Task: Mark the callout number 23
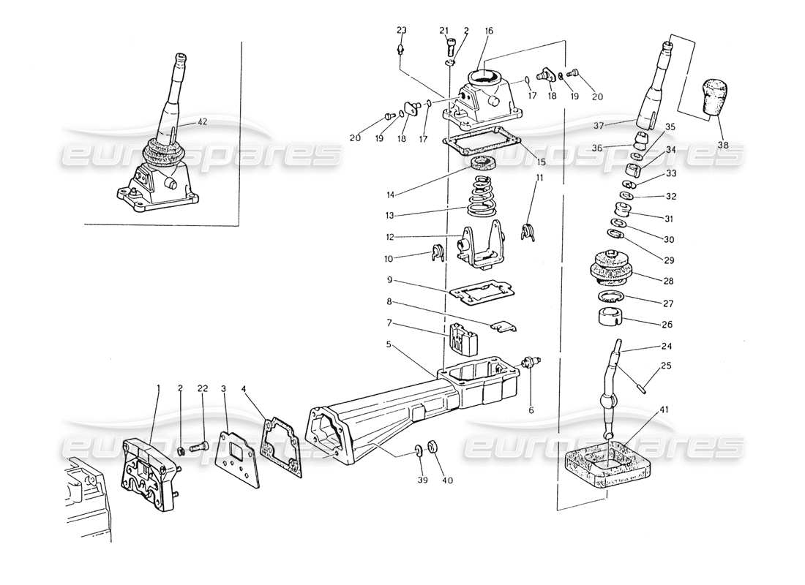click(x=401, y=30)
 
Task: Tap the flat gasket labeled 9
click(x=479, y=290)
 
